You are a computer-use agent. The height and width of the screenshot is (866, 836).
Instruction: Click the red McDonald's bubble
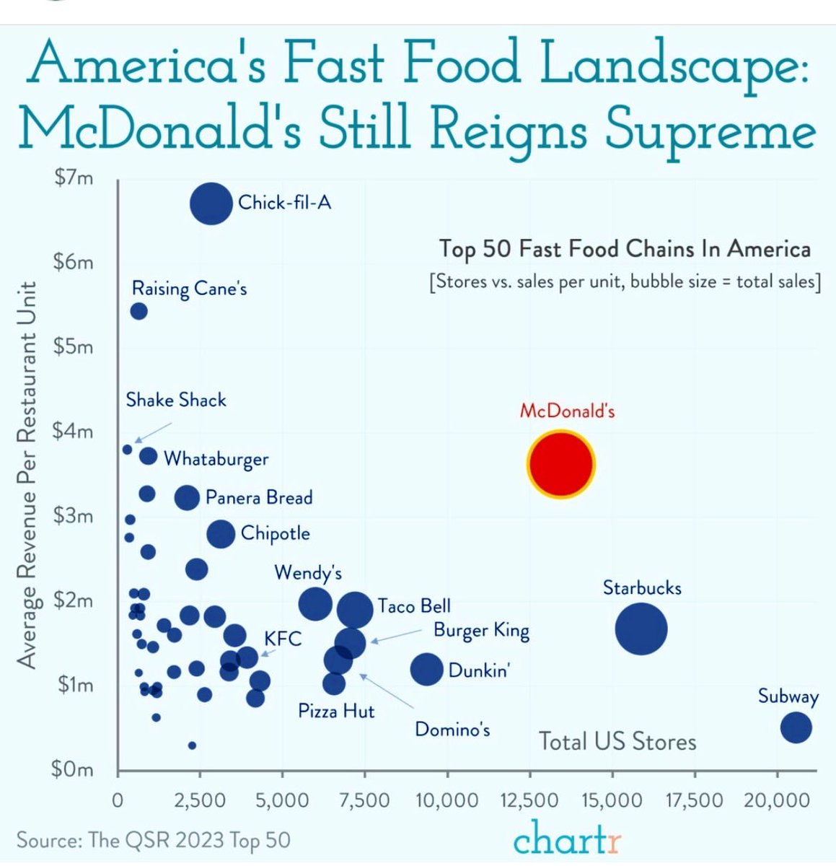[x=560, y=464]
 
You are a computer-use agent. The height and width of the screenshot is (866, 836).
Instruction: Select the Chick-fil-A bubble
[x=211, y=204]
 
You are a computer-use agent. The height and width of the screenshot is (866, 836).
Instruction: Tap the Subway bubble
[x=796, y=727]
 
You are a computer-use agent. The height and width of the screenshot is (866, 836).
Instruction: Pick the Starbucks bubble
[x=641, y=629]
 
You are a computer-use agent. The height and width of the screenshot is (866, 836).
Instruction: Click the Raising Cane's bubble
[x=138, y=311]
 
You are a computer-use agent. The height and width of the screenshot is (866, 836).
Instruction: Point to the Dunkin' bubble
[x=426, y=669]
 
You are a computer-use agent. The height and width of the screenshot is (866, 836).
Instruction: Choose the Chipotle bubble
[x=221, y=534]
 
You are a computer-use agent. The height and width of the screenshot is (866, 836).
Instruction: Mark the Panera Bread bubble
[x=187, y=497]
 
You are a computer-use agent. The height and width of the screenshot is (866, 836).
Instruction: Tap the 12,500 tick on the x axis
[x=530, y=800]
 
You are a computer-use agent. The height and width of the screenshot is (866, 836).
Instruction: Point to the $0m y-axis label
[x=73, y=769]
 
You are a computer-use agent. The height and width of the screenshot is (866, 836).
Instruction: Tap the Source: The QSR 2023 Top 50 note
[x=153, y=841]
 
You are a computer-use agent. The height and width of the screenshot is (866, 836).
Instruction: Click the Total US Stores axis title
[x=617, y=742]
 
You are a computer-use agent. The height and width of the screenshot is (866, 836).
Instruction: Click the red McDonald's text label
[x=567, y=411]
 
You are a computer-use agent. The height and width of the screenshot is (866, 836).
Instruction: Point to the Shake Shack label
[x=175, y=400]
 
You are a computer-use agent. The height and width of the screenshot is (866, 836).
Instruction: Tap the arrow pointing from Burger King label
[x=396, y=636]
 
